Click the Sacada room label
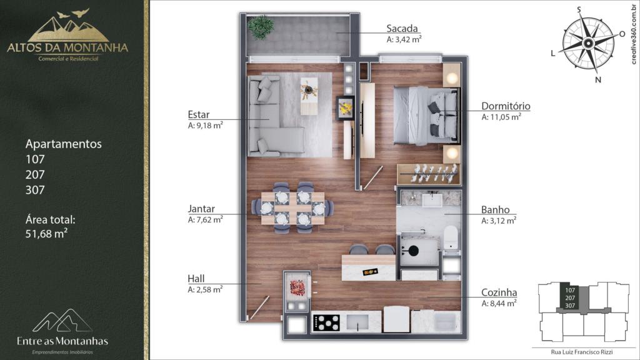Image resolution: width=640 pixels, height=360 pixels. (402, 28)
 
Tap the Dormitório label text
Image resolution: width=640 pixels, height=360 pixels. (506, 106)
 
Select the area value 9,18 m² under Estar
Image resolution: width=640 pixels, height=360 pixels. (205, 125)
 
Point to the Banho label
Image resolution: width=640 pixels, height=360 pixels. (496, 210)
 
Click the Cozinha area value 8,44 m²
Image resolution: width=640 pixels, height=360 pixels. (499, 303)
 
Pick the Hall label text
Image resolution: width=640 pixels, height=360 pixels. (196, 279)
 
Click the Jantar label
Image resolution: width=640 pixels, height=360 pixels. (201, 209)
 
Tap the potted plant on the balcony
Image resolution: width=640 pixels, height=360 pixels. (261, 27)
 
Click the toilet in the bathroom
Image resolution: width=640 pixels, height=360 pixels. (451, 237)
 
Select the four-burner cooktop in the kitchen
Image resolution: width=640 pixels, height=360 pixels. (326, 322)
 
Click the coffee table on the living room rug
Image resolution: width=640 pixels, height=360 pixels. (309, 96)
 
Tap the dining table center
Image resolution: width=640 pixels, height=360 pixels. (292, 208)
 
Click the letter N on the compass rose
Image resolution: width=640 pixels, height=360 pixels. (598, 80)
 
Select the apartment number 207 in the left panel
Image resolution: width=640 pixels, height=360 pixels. (35, 175)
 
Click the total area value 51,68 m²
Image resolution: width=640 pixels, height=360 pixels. (46, 234)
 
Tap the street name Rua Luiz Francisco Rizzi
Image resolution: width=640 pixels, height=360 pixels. (582, 352)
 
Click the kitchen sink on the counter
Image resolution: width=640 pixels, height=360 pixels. (358, 322)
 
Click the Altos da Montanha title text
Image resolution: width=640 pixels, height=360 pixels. (67, 47)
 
